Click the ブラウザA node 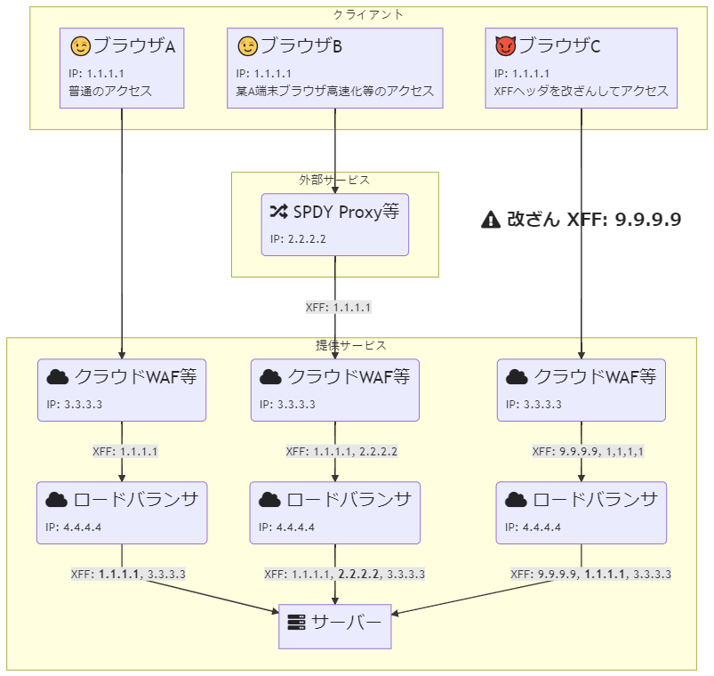click(x=122, y=68)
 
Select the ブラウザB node click(x=334, y=68)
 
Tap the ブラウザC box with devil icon click(x=582, y=68)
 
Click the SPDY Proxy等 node click(x=334, y=224)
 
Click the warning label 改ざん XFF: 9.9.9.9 click(x=581, y=220)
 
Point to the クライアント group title click(x=367, y=14)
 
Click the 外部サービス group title click(x=334, y=180)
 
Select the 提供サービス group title click(x=351, y=345)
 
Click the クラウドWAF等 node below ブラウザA click(x=122, y=390)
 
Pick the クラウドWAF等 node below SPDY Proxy click(x=334, y=390)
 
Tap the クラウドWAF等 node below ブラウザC click(x=582, y=390)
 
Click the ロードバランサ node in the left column click(x=122, y=512)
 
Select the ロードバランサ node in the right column click(x=582, y=512)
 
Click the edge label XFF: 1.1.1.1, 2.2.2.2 click(x=341, y=451)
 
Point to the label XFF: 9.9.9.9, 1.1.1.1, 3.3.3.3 click(x=591, y=574)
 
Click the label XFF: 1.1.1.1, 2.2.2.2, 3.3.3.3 click(x=344, y=574)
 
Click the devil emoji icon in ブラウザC click(x=505, y=45)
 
